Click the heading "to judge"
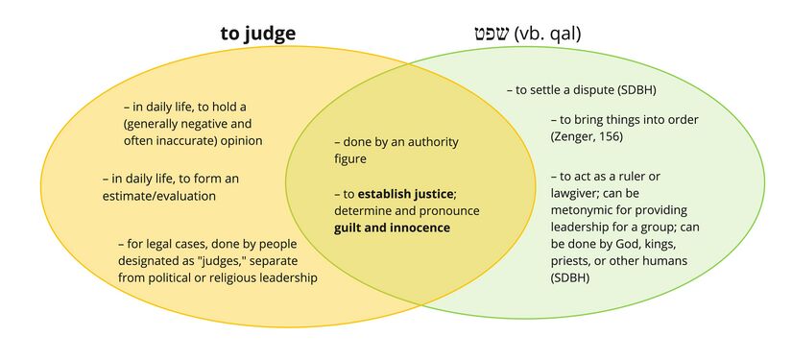tap(257, 34)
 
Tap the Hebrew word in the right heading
tap(492, 35)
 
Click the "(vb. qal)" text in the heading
tap(548, 35)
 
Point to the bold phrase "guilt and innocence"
tap(392, 228)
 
